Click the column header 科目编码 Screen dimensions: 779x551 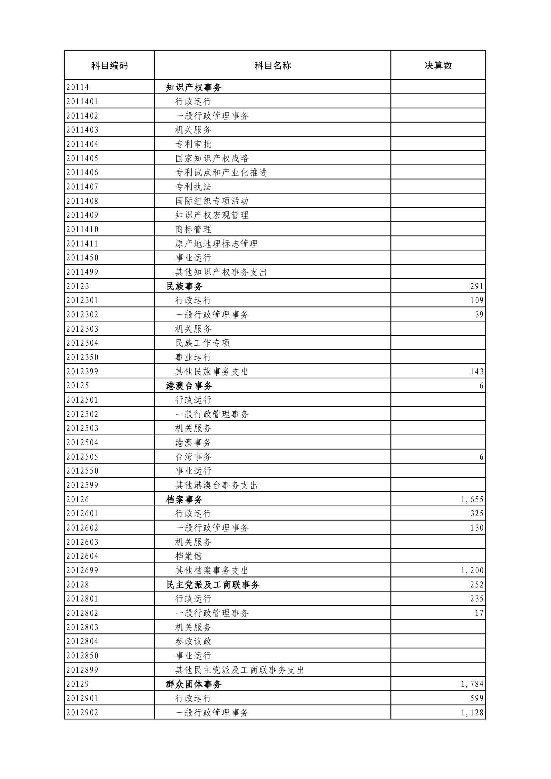tap(109, 66)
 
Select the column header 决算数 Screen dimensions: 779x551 tap(438, 66)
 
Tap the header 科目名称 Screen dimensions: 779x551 tap(273, 66)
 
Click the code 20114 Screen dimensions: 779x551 tap(78, 87)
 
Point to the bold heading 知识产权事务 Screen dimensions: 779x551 tap(194, 88)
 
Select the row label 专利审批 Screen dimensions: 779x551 tap(194, 144)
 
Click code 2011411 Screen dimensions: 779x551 tap(82, 243)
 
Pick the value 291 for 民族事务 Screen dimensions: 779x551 tap(477, 286)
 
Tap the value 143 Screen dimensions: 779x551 tap(477, 372)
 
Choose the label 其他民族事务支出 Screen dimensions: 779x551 tap(212, 372)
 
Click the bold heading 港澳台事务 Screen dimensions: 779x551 tap(189, 386)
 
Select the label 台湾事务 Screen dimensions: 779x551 tap(194, 457)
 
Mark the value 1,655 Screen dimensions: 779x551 tap(472, 500)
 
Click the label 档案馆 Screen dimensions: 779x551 tap(189, 556)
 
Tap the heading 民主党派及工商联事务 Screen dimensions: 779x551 tap(213, 585)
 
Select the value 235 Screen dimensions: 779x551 tap(477, 599)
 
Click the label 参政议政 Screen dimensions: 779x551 tap(194, 641)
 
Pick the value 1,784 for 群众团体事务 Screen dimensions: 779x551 tap(472, 684)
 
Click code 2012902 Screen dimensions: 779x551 tap(82, 712)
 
